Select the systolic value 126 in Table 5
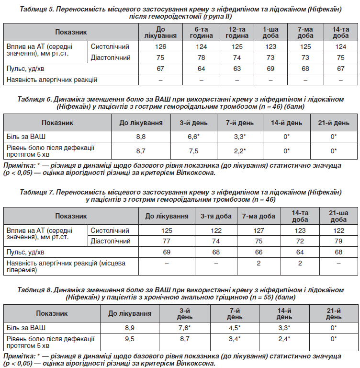tap(160, 46)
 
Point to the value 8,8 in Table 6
tap(141, 136)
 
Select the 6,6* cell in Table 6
tap(192, 136)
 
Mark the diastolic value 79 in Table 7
tap(339, 241)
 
